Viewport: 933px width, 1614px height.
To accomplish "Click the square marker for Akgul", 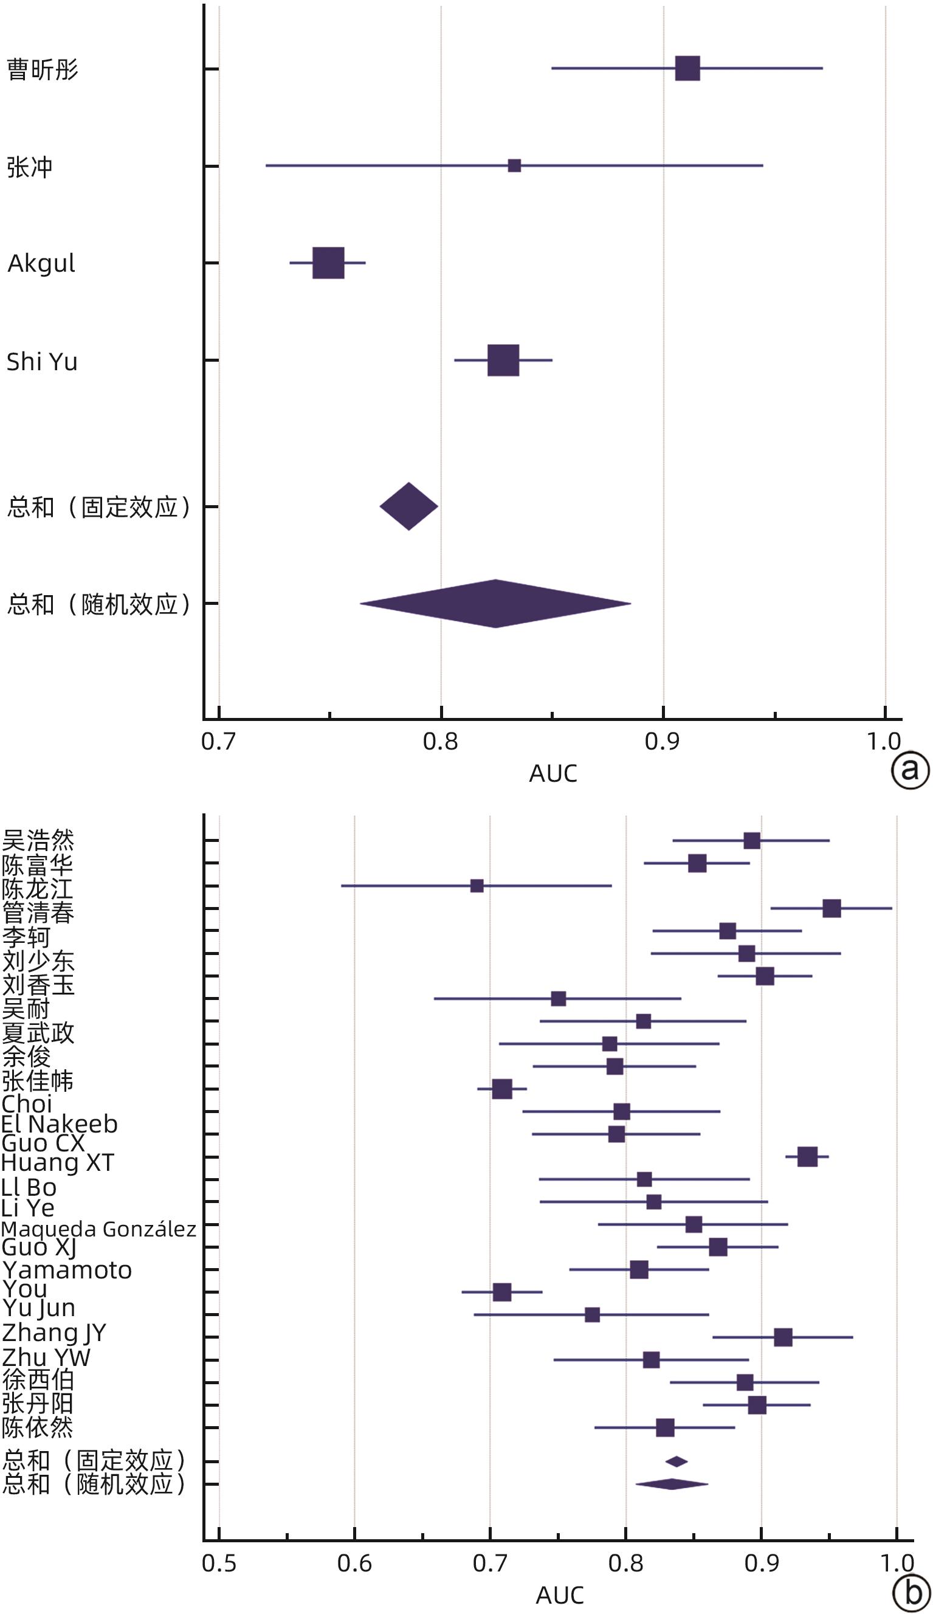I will click(x=328, y=263).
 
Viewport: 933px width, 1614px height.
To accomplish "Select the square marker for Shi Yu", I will click(x=503, y=360).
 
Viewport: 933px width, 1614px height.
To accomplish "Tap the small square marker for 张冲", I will click(x=514, y=166).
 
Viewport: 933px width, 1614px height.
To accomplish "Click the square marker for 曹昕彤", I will click(x=687, y=68).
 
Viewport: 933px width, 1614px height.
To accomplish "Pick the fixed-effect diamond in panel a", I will click(x=408, y=506).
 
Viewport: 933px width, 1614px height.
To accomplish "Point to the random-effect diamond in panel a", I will click(x=495, y=603).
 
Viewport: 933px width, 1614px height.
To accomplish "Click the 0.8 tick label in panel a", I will click(x=441, y=742).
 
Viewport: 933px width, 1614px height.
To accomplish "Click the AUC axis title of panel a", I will click(x=553, y=774).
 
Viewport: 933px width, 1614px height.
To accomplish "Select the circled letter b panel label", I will click(x=911, y=1593).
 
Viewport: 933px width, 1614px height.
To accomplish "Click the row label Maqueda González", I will click(x=98, y=1229).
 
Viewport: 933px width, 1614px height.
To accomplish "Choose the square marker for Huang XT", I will click(x=807, y=1157).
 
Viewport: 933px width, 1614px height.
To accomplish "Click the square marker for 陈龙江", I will click(x=477, y=886).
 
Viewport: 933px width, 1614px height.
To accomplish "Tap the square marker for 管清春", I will click(x=831, y=908).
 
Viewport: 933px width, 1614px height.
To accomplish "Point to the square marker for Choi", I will click(x=502, y=1089).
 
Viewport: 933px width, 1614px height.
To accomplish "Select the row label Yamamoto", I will click(x=67, y=1270).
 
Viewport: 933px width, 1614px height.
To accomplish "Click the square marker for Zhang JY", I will click(x=782, y=1337).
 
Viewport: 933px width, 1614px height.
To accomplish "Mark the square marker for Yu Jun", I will click(x=593, y=1315).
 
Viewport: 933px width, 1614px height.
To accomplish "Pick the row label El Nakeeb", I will click(x=60, y=1124).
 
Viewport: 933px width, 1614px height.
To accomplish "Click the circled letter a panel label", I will click(x=910, y=770).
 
